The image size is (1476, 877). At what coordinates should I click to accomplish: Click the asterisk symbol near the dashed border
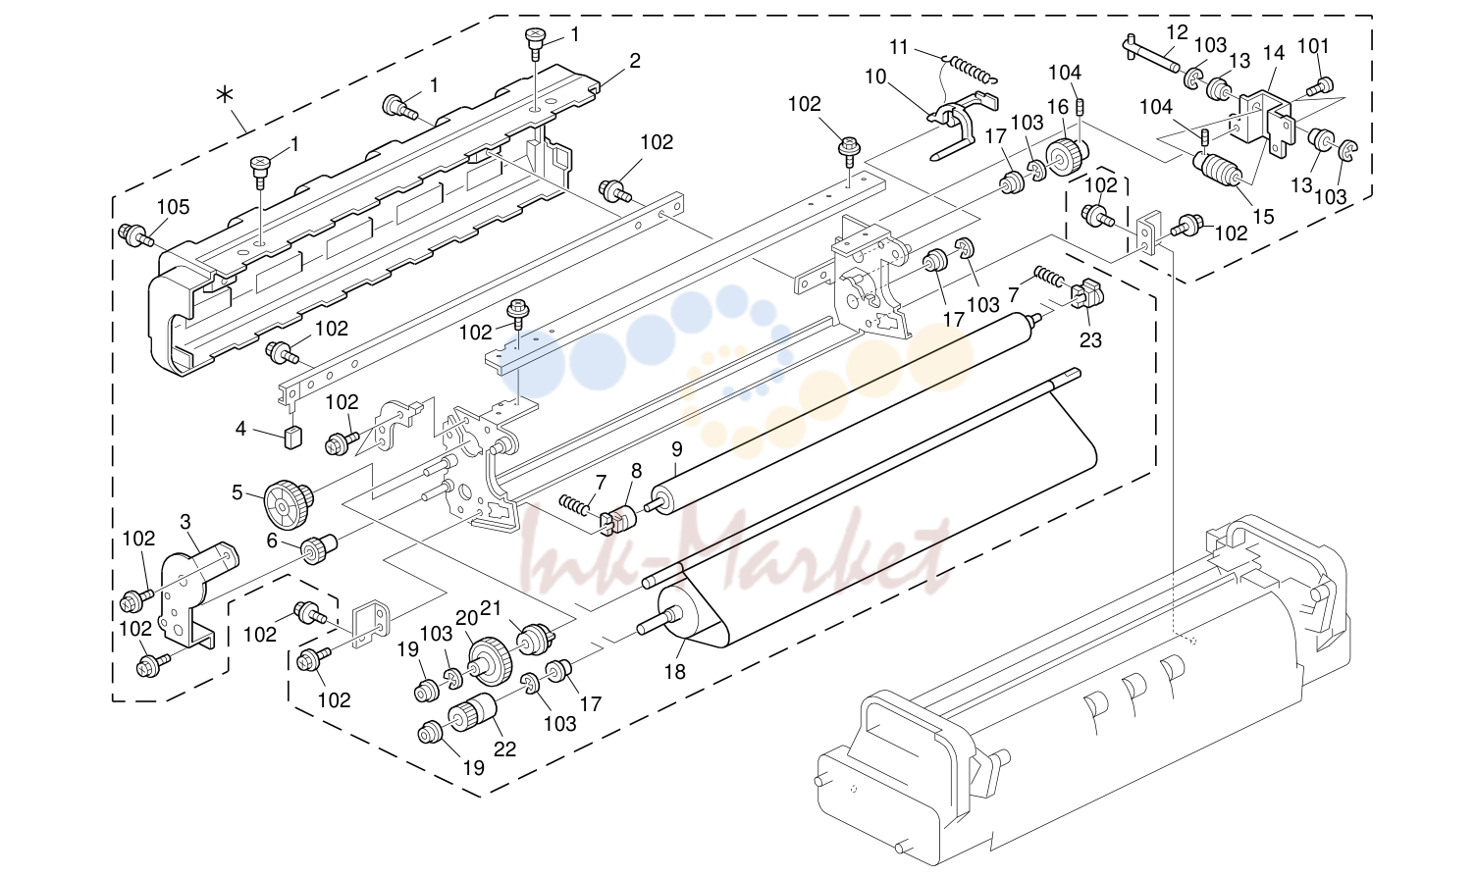click(x=225, y=95)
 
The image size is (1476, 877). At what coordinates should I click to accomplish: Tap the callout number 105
click(x=173, y=207)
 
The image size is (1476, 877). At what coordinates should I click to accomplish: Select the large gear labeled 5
click(x=289, y=504)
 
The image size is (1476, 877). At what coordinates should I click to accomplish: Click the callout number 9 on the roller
click(x=677, y=449)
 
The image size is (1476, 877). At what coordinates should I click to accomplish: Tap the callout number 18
click(x=675, y=671)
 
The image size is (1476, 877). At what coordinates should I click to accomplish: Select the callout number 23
click(x=1090, y=340)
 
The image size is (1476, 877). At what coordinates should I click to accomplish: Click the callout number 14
click(x=1274, y=53)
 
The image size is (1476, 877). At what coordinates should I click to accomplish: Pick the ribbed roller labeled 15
click(x=1217, y=170)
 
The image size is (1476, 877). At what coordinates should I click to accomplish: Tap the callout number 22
click(x=504, y=748)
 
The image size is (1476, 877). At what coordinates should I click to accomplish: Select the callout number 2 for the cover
click(x=635, y=61)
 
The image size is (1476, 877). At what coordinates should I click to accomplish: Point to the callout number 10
click(x=875, y=77)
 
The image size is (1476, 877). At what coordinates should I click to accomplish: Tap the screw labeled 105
click(x=135, y=235)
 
